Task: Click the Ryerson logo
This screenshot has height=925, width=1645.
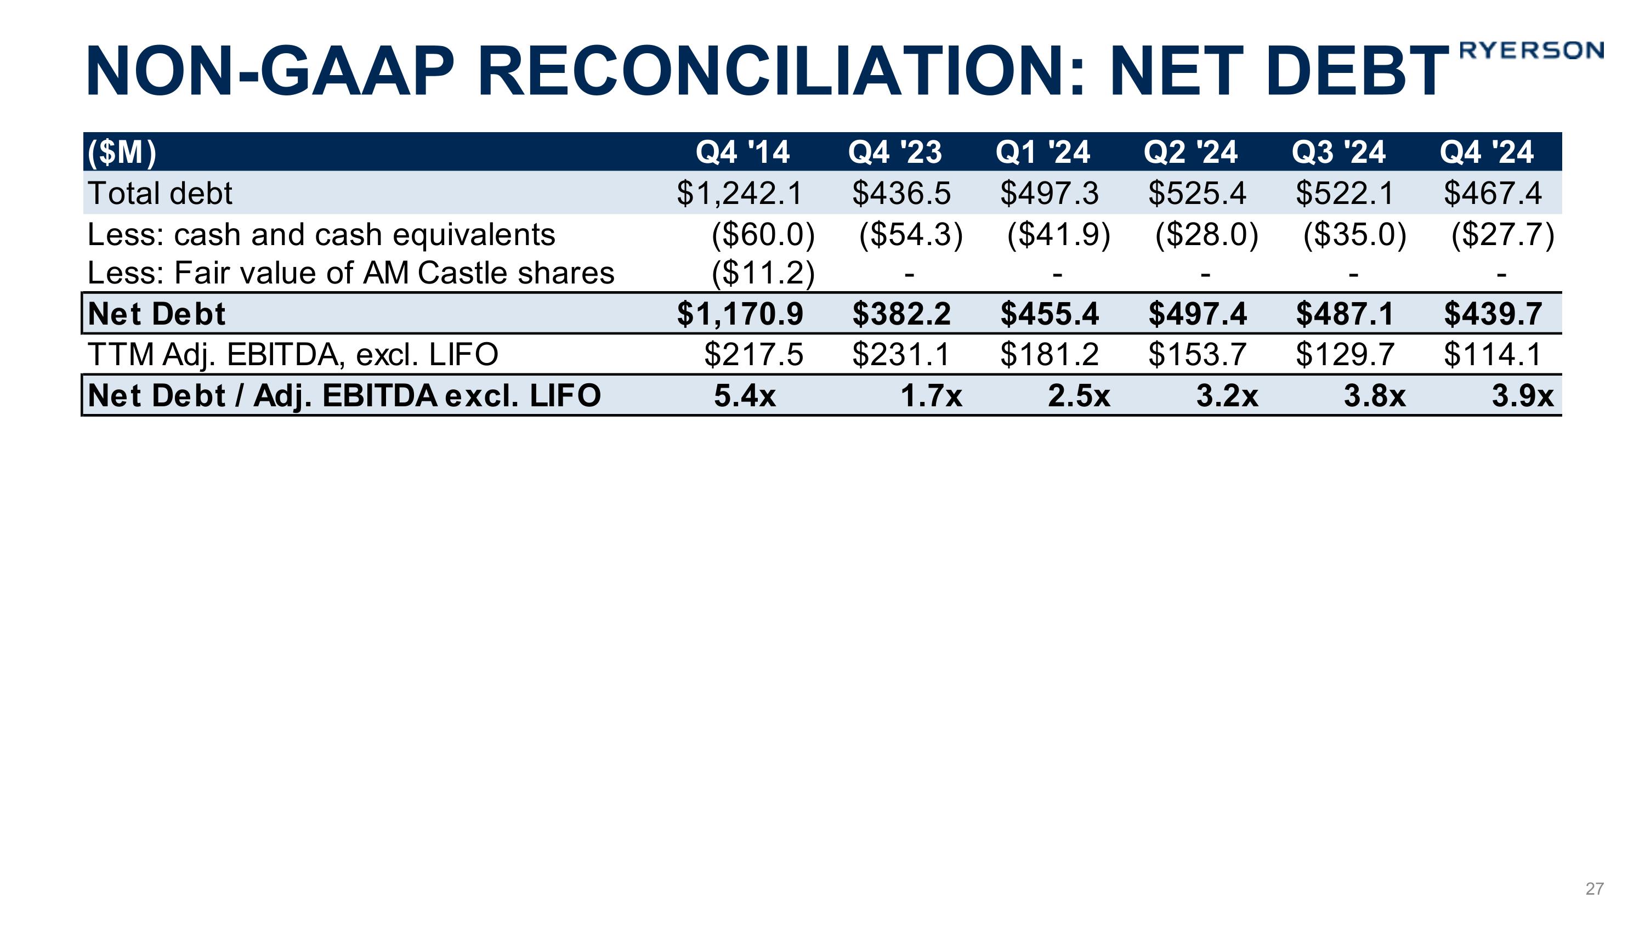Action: [x=1531, y=50]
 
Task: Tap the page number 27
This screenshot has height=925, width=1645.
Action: [x=1594, y=889]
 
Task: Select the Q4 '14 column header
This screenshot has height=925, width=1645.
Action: [x=742, y=152]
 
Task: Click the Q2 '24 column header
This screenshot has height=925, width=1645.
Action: [x=1190, y=152]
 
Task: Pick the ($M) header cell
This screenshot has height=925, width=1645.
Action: [x=122, y=152]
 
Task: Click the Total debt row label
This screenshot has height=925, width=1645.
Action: [x=160, y=194]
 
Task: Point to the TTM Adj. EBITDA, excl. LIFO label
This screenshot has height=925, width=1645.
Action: [x=292, y=355]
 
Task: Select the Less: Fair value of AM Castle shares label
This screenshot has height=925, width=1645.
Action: [x=350, y=273]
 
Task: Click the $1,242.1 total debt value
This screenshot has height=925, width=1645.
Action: [x=740, y=194]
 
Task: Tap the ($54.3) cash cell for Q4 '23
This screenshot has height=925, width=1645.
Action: [x=911, y=234]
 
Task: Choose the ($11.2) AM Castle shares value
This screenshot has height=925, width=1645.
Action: [x=763, y=273]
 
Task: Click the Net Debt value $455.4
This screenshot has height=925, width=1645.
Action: [x=1049, y=314]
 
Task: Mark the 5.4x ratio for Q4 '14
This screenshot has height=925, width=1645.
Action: [x=745, y=396]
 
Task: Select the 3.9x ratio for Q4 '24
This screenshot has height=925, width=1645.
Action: [x=1522, y=396]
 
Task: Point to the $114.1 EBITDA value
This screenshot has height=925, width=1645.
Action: [x=1493, y=355]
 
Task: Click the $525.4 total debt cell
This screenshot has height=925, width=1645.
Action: [x=1196, y=194]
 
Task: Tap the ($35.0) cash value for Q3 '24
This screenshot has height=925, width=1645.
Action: [x=1354, y=234]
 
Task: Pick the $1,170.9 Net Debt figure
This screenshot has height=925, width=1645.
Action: [x=740, y=314]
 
